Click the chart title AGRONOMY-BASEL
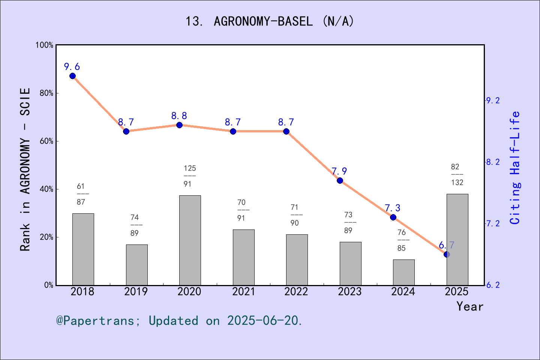tap(270, 21)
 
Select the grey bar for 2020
tap(190, 240)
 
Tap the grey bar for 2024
tap(403, 272)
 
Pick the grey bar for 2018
tap(83, 249)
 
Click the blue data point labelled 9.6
tap(72, 76)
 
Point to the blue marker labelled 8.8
tap(179, 125)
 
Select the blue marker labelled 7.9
tap(340, 180)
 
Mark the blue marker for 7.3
tap(393, 217)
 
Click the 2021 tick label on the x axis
tap(243, 292)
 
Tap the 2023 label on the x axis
tap(349, 292)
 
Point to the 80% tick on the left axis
tap(46, 93)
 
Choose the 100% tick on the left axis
tap(45, 45)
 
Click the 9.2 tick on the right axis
tap(493, 100)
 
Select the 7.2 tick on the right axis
tap(493, 223)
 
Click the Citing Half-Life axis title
tap(515, 168)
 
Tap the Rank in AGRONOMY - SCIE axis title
tap(25, 169)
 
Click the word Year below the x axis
tap(469, 307)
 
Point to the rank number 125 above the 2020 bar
tap(190, 168)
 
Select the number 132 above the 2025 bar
tap(457, 183)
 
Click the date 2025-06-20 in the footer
tap(264, 321)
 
